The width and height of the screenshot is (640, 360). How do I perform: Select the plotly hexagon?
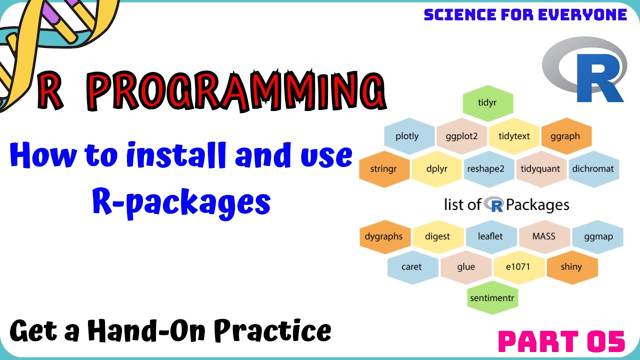(x=407, y=136)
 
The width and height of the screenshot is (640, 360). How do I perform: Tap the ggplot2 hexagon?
(x=461, y=136)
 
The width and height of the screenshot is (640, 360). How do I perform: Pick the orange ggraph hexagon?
(x=565, y=136)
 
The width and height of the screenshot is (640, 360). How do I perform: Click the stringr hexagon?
(x=384, y=168)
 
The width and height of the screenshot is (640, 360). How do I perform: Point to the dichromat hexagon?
(x=592, y=168)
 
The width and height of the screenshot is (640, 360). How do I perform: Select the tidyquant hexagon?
(x=540, y=168)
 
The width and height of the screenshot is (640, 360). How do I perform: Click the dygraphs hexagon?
(x=384, y=236)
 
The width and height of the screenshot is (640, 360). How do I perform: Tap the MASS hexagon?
(x=543, y=236)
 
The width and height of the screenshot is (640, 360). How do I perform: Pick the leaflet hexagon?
(x=490, y=236)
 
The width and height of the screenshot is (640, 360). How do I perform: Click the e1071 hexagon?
(x=518, y=267)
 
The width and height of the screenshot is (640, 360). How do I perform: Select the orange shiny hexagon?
(x=571, y=267)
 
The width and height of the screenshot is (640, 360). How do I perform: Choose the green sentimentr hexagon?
(x=492, y=298)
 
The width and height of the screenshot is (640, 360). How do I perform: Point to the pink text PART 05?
(x=562, y=342)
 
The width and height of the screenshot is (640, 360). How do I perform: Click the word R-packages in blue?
(x=181, y=202)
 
